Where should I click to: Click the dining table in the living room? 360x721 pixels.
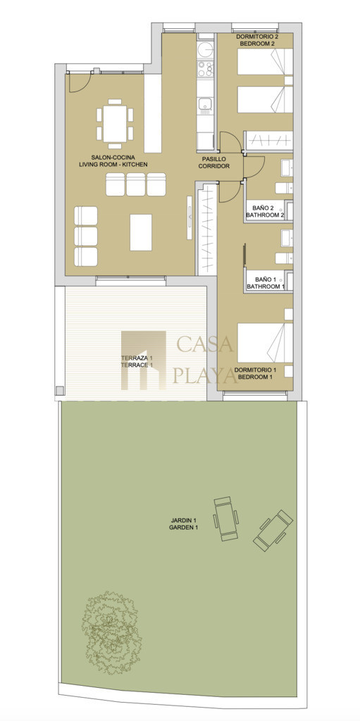115,124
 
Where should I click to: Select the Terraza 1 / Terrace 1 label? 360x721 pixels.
137,361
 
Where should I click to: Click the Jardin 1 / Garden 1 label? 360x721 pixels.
183,524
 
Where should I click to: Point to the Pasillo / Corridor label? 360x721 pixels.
214,163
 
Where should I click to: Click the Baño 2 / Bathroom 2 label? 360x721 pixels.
265,211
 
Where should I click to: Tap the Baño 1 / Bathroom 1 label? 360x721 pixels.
265,283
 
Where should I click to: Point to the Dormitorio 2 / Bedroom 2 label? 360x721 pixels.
255,39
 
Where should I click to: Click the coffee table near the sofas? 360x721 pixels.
141,232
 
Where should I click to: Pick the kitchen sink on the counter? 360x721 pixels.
205,106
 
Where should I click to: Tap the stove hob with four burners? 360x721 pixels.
205,68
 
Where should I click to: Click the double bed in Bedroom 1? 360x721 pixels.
265,343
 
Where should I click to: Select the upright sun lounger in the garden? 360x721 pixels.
225,518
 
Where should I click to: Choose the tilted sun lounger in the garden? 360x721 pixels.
273,529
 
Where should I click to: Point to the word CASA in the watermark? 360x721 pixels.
205,344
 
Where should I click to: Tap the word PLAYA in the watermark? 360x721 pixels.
204,376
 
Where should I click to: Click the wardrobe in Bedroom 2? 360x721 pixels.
268,141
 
